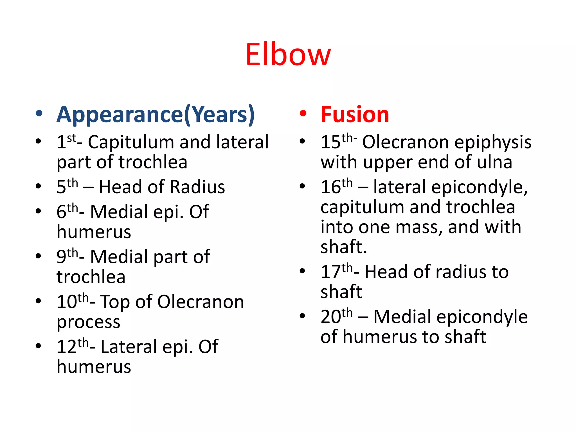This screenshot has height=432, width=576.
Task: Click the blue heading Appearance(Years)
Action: click(x=156, y=114)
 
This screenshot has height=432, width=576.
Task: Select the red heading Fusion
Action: click(x=355, y=114)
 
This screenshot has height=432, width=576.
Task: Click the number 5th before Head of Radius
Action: click(x=67, y=186)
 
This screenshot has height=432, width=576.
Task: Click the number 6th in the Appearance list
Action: click(x=67, y=211)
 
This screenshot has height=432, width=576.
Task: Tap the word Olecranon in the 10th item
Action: click(x=200, y=302)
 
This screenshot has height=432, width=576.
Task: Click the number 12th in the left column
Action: click(x=72, y=346)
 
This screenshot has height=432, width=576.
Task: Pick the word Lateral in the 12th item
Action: click(x=129, y=347)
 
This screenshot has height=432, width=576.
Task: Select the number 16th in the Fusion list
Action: click(x=336, y=186)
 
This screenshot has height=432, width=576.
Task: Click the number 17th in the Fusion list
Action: click(x=336, y=271)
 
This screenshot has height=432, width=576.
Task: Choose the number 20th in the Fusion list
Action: click(x=336, y=316)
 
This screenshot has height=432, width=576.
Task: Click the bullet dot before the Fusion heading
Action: click(x=303, y=114)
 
